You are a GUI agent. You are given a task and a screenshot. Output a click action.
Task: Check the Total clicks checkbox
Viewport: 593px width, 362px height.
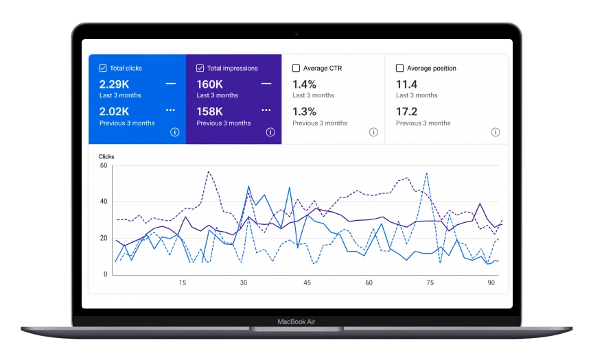pos(102,68)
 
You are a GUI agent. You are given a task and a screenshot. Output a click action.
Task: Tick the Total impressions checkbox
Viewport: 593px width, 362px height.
pos(200,68)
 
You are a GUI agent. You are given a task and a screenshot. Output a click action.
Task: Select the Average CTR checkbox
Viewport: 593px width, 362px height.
pos(296,68)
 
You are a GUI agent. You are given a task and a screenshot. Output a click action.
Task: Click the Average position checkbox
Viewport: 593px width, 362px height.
pos(399,68)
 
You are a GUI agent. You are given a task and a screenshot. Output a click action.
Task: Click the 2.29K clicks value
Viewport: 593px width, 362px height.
pos(114,84)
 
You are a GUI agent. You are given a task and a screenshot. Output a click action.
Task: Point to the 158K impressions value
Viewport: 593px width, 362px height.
pos(209,112)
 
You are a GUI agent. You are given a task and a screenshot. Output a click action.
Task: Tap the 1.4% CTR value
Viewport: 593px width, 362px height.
pos(304,84)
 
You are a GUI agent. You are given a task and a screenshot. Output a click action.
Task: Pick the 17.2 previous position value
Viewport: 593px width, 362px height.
pos(406,112)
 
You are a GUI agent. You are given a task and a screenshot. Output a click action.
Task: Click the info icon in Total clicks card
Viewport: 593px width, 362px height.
pos(175,132)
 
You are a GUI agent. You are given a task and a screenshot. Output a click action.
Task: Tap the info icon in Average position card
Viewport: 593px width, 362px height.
pos(496,132)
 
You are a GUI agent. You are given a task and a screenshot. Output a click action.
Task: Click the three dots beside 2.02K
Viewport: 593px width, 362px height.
pos(171,110)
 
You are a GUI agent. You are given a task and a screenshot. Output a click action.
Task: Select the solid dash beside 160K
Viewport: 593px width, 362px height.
pos(266,84)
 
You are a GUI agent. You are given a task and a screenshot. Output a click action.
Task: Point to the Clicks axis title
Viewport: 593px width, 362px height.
pos(106,156)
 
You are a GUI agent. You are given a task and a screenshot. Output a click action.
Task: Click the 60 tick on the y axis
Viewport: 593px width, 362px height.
pos(104,165)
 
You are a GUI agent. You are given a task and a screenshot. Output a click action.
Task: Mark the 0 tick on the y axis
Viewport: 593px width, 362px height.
pos(106,274)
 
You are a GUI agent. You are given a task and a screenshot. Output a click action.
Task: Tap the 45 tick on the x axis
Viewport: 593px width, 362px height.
pos(307,282)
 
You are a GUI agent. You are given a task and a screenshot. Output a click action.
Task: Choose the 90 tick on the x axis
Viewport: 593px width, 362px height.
pos(491,282)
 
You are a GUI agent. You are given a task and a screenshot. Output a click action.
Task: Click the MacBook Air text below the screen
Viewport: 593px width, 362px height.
pos(296,322)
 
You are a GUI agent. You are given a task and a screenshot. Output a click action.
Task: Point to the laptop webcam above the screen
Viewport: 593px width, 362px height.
pos(296,34)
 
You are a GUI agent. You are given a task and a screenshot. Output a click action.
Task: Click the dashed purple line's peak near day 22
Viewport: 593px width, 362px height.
pos(209,172)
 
